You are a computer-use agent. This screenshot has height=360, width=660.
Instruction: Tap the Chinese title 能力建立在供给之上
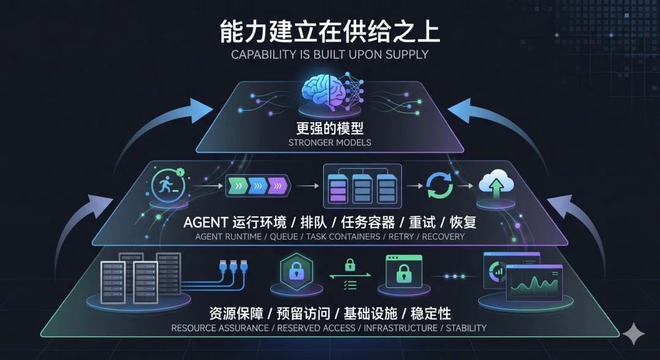coord(330,32)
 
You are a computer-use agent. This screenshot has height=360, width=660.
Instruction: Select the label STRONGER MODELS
coord(329,143)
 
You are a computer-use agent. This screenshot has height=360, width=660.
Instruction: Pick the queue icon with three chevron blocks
coord(257,184)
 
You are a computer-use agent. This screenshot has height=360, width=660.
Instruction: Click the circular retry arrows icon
coord(439,184)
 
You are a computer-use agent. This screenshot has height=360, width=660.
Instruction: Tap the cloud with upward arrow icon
coord(496,183)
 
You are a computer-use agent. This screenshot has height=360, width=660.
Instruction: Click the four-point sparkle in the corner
coord(634,334)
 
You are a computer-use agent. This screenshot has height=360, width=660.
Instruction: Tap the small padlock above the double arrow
coord(350,265)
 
